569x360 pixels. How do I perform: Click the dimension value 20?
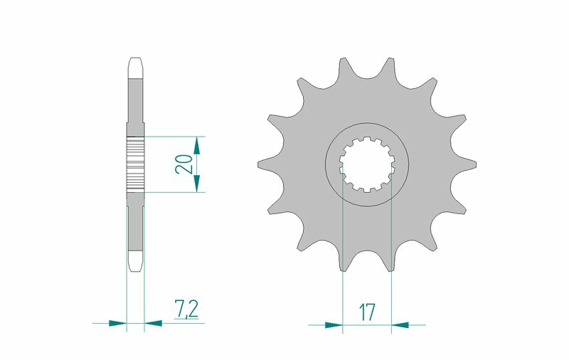point(184,164)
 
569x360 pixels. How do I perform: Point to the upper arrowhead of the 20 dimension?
point(197,144)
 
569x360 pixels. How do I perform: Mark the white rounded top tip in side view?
point(135,68)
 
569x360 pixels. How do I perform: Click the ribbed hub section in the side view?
point(135,164)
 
